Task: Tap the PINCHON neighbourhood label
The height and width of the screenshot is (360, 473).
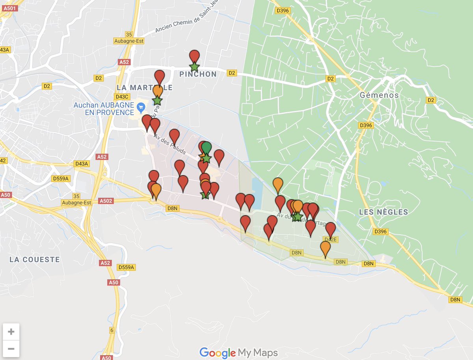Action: point(198,74)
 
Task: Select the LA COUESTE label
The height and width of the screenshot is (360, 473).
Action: point(35,259)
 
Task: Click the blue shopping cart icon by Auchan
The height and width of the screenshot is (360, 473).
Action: point(140,107)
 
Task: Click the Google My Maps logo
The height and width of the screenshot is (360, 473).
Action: point(238,353)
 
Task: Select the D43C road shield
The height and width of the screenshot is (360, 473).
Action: point(121,97)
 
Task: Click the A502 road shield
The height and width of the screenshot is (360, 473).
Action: point(106,201)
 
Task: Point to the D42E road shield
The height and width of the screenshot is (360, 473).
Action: point(330,240)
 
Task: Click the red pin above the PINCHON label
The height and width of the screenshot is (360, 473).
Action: point(194,56)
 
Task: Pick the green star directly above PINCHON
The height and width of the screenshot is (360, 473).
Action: point(194,67)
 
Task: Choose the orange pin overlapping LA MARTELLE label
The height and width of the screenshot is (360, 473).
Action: point(158,91)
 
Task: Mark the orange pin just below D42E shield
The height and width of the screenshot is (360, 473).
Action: point(325,248)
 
